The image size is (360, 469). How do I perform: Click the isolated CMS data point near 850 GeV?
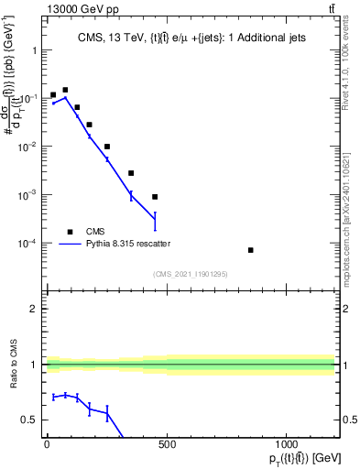point(250,250)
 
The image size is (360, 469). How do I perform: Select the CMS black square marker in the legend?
point(70,232)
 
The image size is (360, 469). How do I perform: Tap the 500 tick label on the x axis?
point(167,445)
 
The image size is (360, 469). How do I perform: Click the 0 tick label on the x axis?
point(47,445)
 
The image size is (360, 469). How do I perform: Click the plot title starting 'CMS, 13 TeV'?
point(190,37)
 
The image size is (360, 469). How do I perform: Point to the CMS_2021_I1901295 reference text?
point(191,274)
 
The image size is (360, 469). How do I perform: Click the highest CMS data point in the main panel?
point(65,90)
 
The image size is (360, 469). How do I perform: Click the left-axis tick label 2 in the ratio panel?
point(34,309)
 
